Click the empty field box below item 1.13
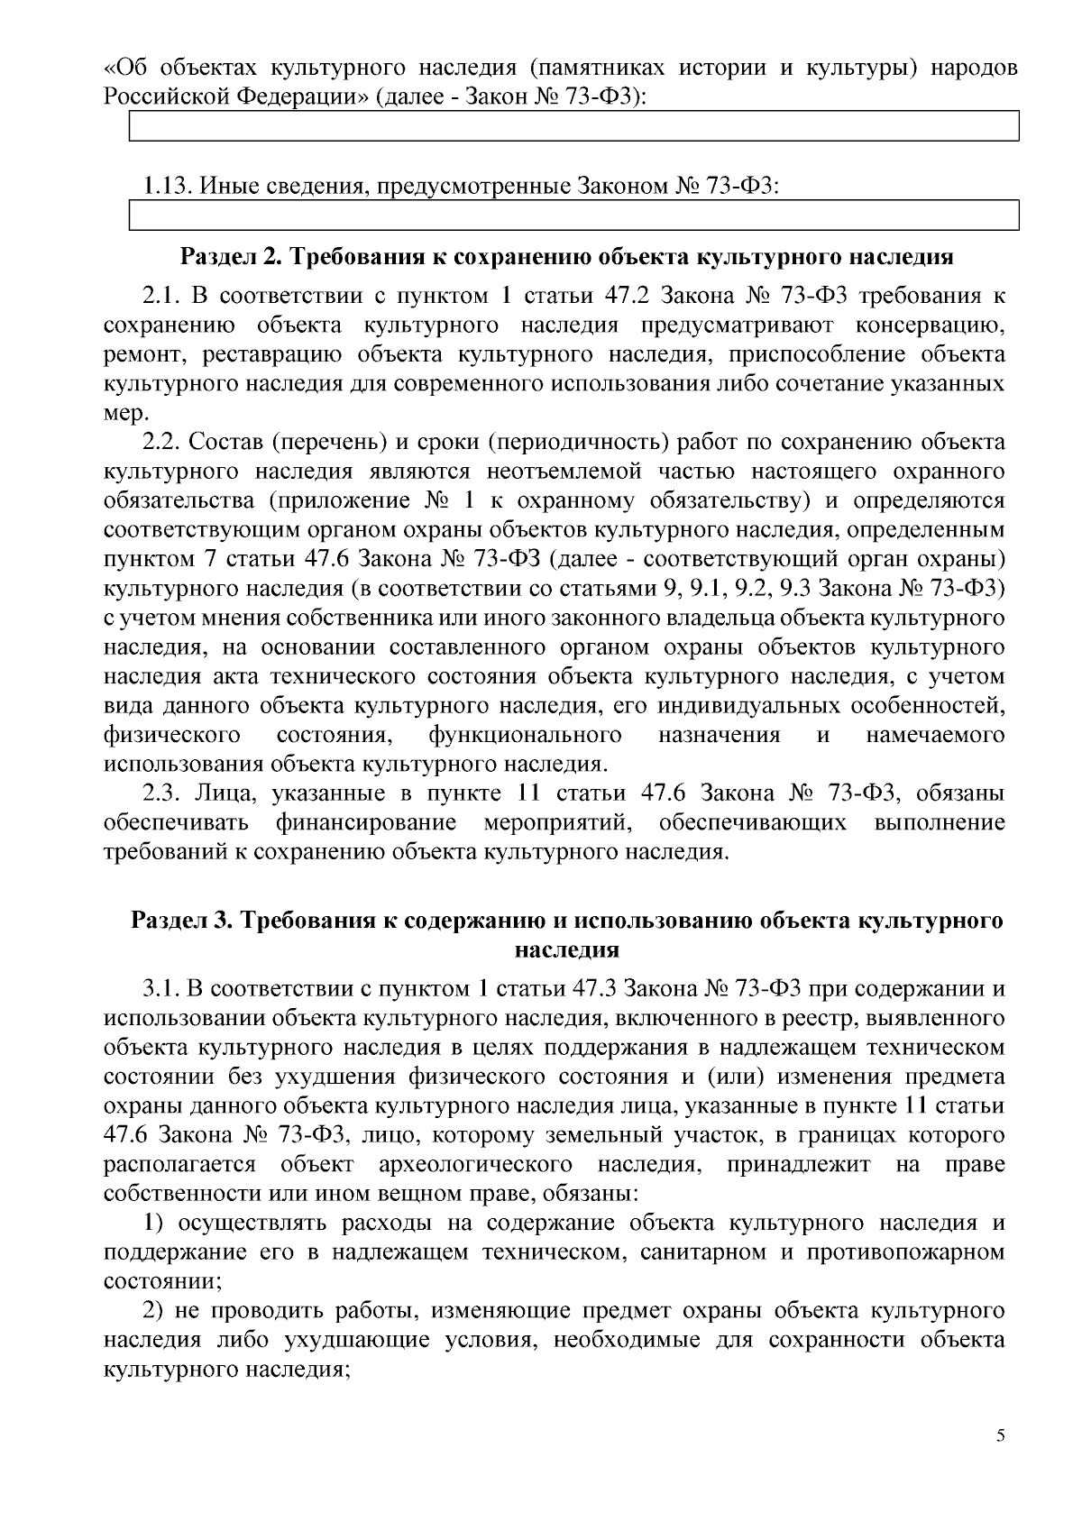[x=574, y=216]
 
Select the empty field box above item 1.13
[x=574, y=126]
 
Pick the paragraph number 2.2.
[x=162, y=443]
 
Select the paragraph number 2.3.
[x=162, y=793]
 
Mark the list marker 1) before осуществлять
[x=155, y=1223]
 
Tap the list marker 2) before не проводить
[x=155, y=1311]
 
